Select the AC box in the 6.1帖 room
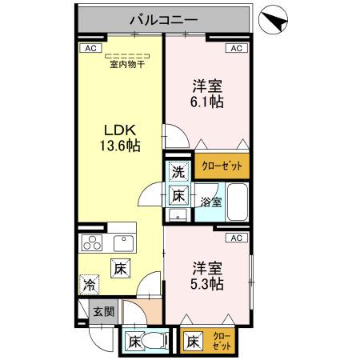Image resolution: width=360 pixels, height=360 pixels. pyautogui.click(x=237, y=48)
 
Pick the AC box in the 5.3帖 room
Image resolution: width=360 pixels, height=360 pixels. pyautogui.click(x=237, y=238)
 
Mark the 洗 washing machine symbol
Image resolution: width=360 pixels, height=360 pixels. pyautogui.click(x=179, y=170)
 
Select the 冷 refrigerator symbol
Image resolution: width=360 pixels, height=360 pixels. pyautogui.click(x=90, y=284)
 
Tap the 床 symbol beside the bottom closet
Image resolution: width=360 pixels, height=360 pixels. pyautogui.click(x=194, y=342)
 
